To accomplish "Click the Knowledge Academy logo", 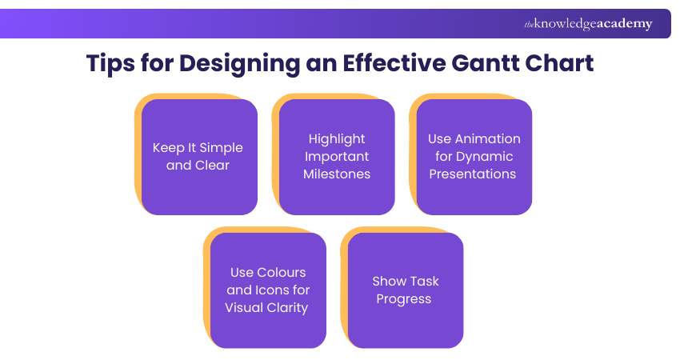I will pos(588,24).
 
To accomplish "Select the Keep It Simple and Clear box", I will pos(198,157).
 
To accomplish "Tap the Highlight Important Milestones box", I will pos(337,157).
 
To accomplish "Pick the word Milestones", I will pos(337,174).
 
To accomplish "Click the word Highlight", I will pos(337,139).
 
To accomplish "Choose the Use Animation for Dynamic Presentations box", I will pos(474,157).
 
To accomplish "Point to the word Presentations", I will pos(473,174).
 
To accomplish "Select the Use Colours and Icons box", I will pos(267,290).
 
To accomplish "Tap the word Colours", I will pos(282,273).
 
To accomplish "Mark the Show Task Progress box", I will pos(406,290).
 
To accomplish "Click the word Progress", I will pos(406,299).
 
